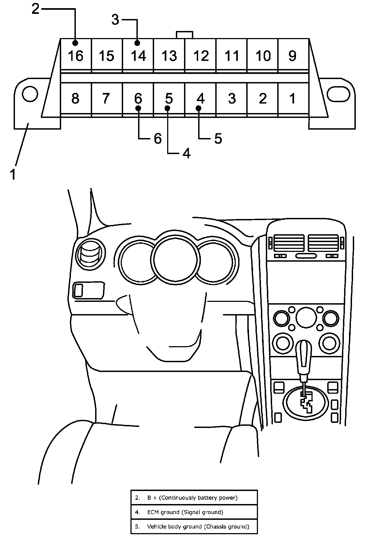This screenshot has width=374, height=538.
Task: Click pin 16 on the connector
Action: pyautogui.click(x=76, y=56)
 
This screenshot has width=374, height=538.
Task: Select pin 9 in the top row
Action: pyautogui.click(x=292, y=56)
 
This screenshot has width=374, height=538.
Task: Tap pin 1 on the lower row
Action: pyautogui.click(x=292, y=98)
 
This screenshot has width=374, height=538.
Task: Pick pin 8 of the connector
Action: pyautogui.click(x=76, y=98)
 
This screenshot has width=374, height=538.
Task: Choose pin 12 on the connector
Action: pyautogui.click(x=201, y=56)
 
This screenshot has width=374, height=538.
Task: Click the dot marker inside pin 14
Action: pyautogui.click(x=137, y=43)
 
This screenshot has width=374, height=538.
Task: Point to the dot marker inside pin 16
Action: pyautogui.click(x=75, y=43)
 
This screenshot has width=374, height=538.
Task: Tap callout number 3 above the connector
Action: pyautogui.click(x=116, y=20)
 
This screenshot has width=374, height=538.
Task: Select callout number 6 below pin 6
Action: pyautogui.click(x=158, y=139)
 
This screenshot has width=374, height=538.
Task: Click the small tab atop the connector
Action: pyautogui.click(x=185, y=35)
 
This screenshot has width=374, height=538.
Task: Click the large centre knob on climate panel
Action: pyautogui.click(x=306, y=317)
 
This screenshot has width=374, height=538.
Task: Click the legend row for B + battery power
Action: pyautogui.click(x=194, y=498)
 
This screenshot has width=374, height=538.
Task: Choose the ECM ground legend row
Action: pyautogui.click(x=194, y=512)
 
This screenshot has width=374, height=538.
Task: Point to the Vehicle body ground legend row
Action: pyautogui.click(x=194, y=526)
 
